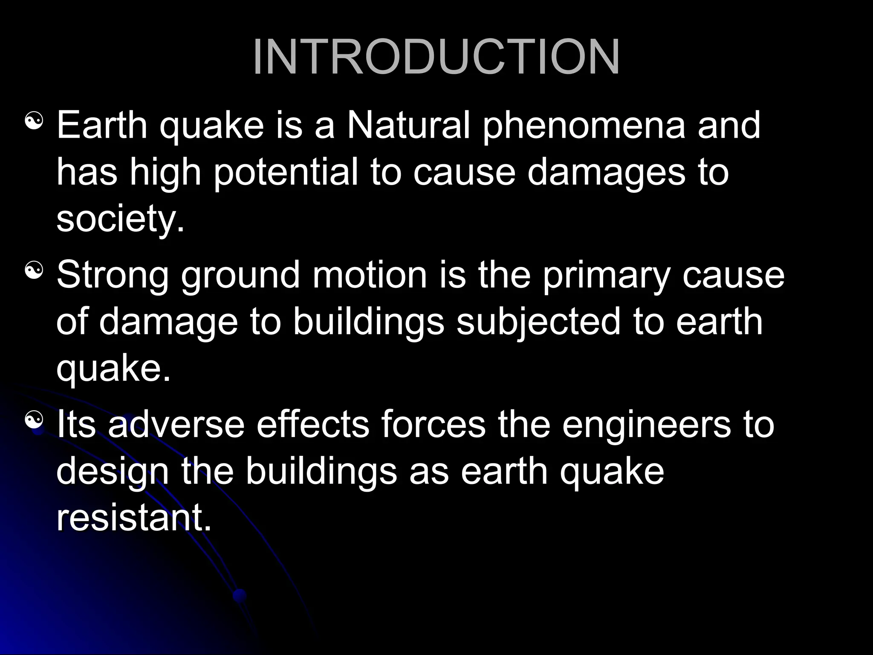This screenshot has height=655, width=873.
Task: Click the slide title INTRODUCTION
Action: click(x=436, y=58)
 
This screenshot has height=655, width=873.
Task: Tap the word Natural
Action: click(x=408, y=125)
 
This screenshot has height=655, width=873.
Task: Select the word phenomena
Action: click(x=584, y=125)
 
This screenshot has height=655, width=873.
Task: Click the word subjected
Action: click(x=538, y=322)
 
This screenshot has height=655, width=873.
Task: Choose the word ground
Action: click(x=241, y=275)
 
